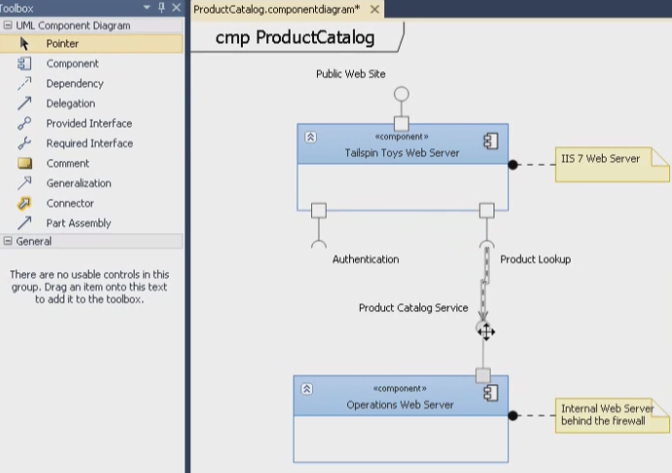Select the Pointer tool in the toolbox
point(62,44)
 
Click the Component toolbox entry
point(72,63)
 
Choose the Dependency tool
point(74,84)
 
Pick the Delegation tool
point(70,103)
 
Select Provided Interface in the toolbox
point(89,124)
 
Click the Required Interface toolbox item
point(89,143)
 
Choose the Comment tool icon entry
point(67,164)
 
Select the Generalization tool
point(78,183)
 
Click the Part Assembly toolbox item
point(78,223)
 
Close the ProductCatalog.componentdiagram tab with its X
point(375,10)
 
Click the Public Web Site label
point(350,74)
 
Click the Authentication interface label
point(366,259)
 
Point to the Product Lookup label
point(535,259)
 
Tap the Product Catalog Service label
point(414,308)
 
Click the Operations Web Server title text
point(399,405)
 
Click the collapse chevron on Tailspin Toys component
point(310,138)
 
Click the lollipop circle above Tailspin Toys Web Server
point(401,95)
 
